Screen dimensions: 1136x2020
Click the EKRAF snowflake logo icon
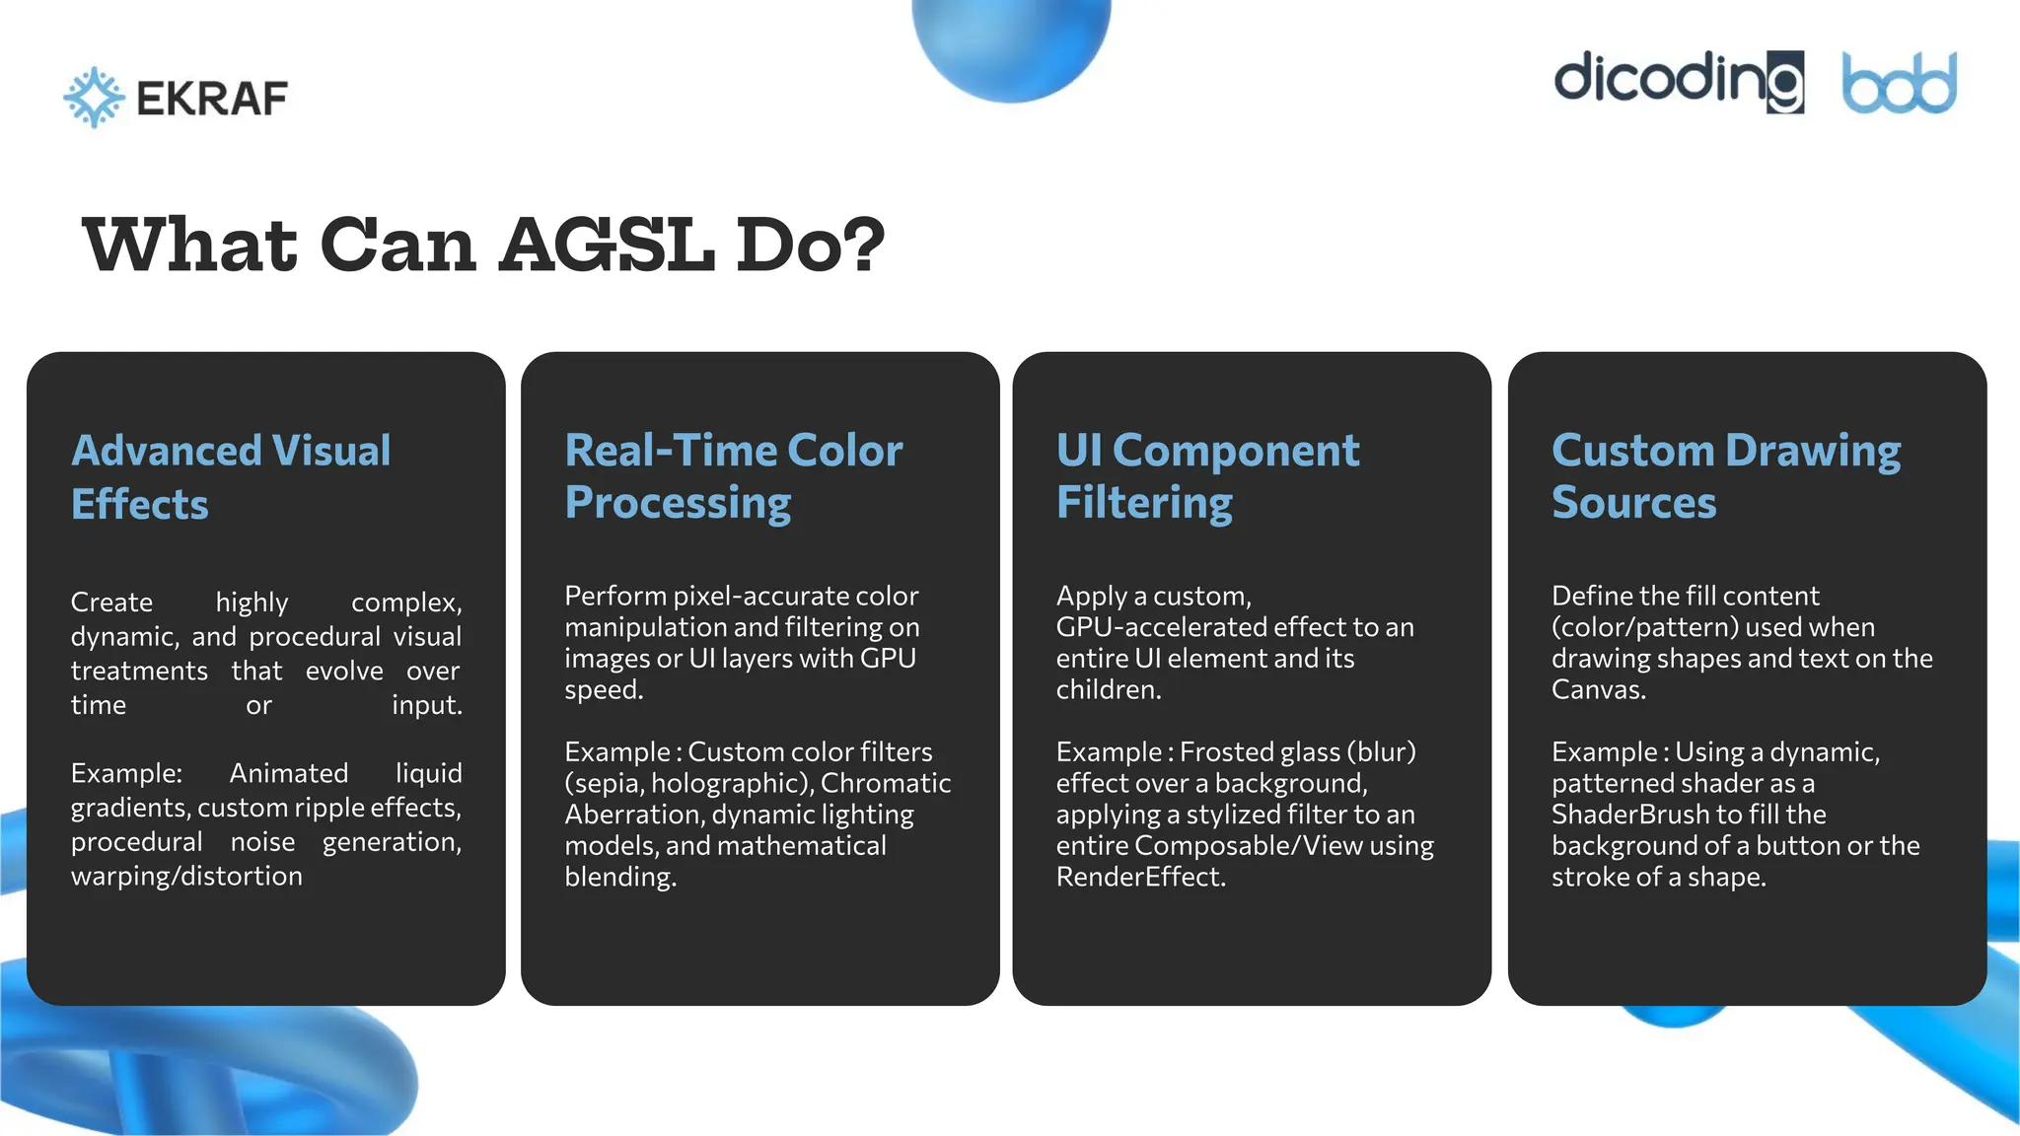[94, 98]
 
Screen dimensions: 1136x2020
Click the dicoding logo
[1679, 81]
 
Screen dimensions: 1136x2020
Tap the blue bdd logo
[1899, 84]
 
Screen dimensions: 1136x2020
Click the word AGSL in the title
[607, 246]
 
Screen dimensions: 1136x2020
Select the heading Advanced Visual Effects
[231, 477]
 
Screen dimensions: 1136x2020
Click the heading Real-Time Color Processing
[733, 476]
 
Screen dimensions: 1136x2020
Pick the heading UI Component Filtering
[1207, 476]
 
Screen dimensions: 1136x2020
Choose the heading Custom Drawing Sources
[1726, 476]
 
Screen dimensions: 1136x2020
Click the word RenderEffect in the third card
[1139, 877]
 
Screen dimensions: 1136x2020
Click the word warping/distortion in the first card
[186, 876]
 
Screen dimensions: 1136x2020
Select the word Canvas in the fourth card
[1597, 689]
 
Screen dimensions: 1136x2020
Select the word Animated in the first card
[289, 773]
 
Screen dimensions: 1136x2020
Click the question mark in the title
[864, 246]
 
